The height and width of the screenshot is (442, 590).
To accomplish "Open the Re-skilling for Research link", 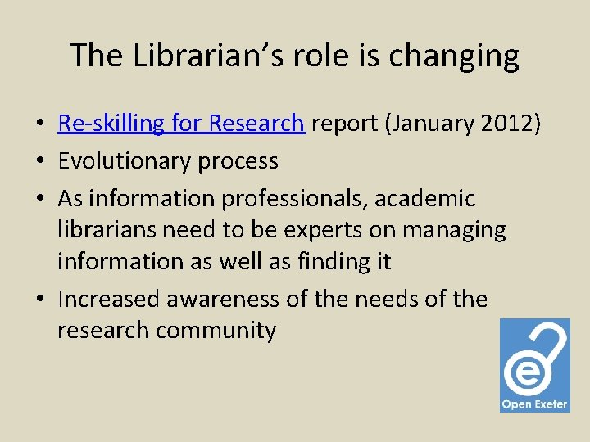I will (x=181, y=124).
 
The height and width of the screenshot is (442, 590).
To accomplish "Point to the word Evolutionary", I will (x=124, y=160).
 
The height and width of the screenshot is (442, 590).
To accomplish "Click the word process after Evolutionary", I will (x=238, y=161).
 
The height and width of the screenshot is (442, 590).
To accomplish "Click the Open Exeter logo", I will (x=534, y=365).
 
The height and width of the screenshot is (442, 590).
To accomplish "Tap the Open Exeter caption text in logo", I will (x=534, y=404).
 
